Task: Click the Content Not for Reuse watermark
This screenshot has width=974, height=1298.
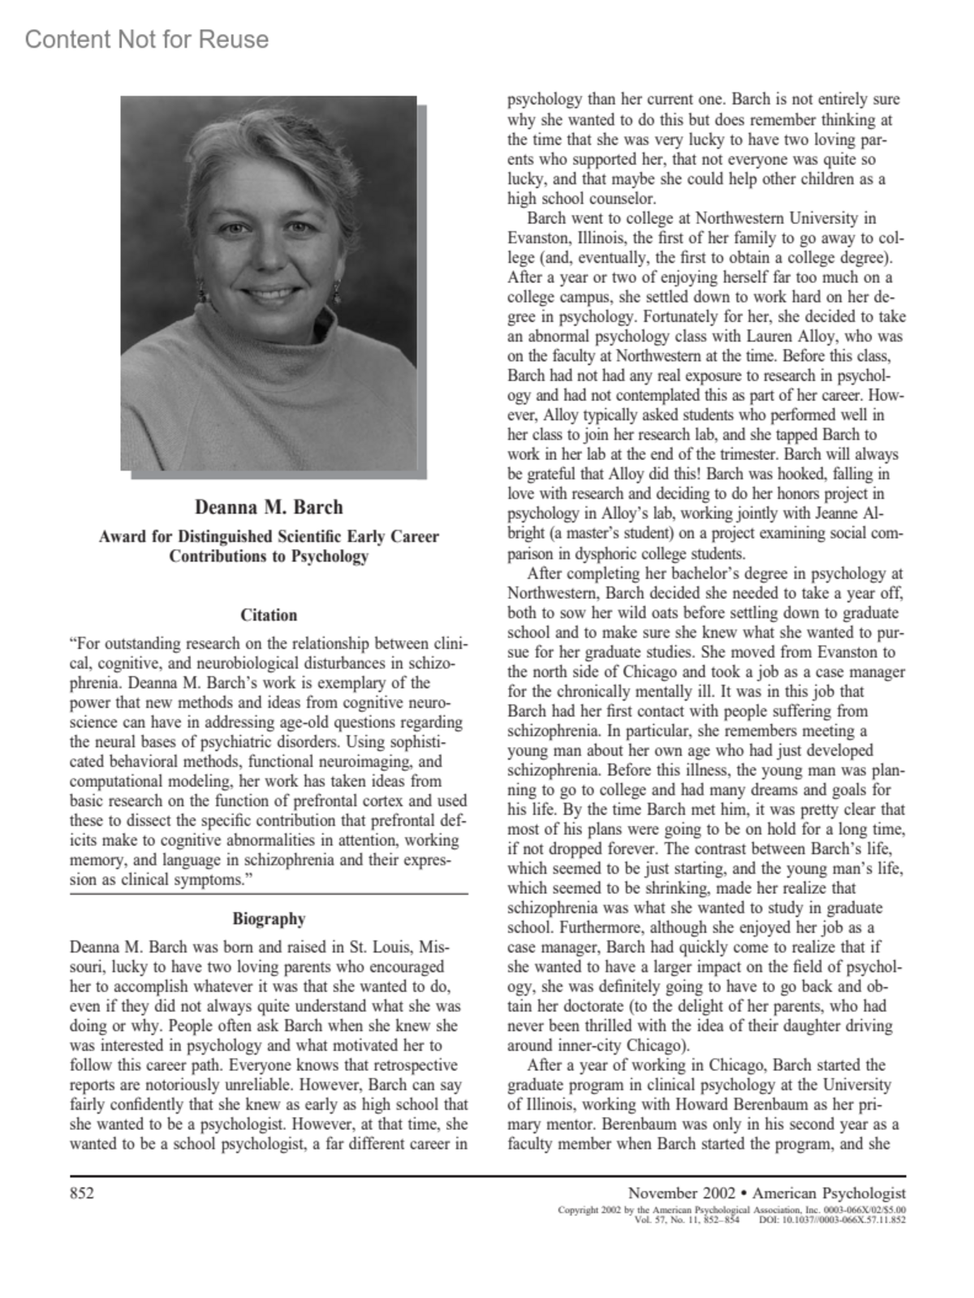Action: point(147,39)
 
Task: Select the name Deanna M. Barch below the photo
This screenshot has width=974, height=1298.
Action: point(269,507)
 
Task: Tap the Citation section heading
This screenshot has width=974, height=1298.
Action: point(269,615)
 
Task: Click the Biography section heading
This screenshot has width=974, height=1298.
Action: point(269,918)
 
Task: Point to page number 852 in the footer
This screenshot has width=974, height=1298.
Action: point(82,1193)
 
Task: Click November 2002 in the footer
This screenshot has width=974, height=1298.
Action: point(681,1193)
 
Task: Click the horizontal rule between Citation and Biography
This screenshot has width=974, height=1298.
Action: point(269,894)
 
